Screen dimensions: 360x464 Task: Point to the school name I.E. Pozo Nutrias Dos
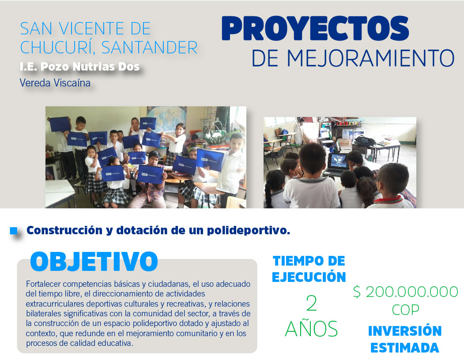[79, 67]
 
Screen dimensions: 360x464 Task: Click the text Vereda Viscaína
[55, 82]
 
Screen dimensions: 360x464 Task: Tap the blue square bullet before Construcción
[14, 230]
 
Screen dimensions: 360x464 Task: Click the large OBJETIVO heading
[94, 262]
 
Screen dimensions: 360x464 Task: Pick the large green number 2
[311, 304]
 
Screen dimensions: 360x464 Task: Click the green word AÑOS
[311, 329]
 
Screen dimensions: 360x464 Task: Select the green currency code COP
[405, 310]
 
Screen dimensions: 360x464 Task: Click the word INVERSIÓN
[405, 331]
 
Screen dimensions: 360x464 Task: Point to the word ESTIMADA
[405, 348]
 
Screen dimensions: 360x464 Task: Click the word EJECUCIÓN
[309, 277]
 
